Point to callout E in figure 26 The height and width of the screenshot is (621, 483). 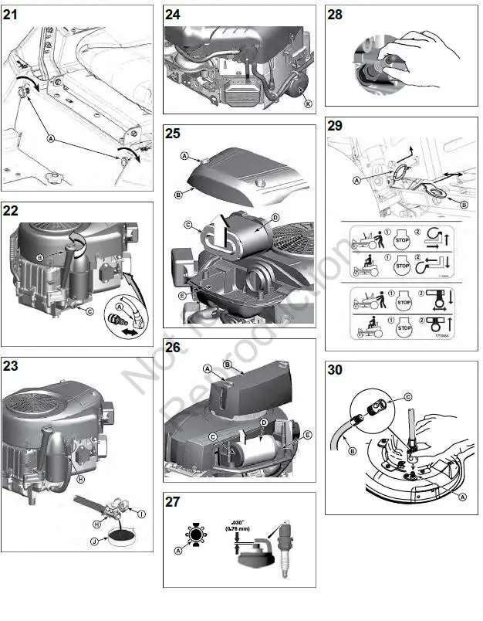[308, 435]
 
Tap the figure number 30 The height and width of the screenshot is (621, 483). [336, 371]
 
